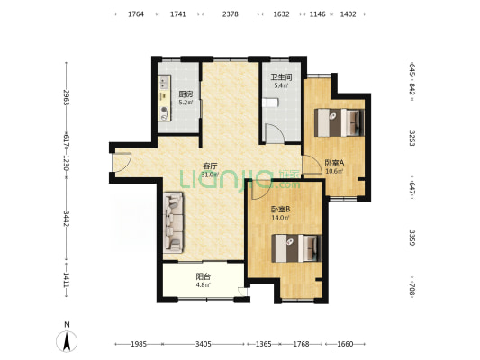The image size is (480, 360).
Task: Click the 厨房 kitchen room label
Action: coord(186,94)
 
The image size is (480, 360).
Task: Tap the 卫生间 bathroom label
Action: coord(281,77)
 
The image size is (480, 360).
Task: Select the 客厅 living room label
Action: coord(210,166)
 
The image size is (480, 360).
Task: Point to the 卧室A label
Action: coord(334,163)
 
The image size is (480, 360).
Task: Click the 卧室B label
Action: coord(280,210)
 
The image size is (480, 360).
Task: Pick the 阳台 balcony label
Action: coord(203,277)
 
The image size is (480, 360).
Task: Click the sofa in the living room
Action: coord(173,222)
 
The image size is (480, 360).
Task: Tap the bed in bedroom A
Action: coord(340,122)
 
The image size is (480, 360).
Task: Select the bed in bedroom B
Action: coord(296,248)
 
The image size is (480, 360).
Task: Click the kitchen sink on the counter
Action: coord(165,82)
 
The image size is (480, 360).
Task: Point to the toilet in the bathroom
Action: coord(270,103)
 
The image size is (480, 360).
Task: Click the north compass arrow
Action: coord(67,341)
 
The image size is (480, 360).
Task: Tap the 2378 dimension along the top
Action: coord(231,14)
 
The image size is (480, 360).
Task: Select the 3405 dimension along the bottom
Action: coord(203,344)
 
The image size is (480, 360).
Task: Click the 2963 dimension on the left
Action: coord(66,97)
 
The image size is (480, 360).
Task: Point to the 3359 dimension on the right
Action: coord(412,238)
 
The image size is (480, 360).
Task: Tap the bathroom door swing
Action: coord(275,132)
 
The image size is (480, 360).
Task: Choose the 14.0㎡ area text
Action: coord(280,218)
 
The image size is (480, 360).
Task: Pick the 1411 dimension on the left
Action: coord(66,280)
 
